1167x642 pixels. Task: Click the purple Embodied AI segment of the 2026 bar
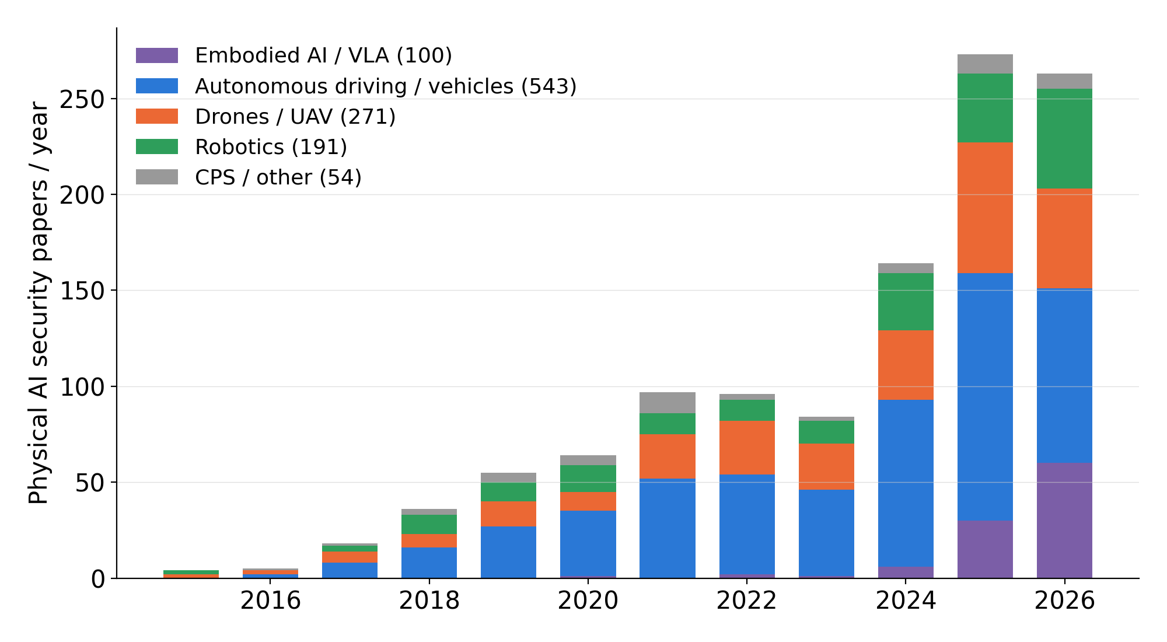click(1064, 521)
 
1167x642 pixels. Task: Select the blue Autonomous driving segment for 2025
click(985, 397)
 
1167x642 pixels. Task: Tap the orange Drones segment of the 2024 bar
click(906, 365)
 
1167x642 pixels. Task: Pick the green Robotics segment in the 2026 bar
click(1064, 139)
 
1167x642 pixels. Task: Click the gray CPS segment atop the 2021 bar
click(668, 403)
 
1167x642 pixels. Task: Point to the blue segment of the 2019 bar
click(508, 552)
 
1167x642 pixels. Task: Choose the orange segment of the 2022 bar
click(747, 448)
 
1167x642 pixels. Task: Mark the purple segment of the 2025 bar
click(985, 549)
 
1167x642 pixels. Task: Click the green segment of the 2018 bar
click(429, 524)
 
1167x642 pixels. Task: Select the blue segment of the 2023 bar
click(826, 533)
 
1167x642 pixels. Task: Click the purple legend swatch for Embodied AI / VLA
click(157, 55)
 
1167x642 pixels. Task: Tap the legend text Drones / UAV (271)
click(295, 117)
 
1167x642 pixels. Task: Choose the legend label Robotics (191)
click(271, 147)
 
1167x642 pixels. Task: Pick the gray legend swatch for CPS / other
click(157, 177)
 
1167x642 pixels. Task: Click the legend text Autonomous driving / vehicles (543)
click(386, 86)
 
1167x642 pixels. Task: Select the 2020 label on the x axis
click(588, 601)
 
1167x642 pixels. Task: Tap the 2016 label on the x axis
click(270, 601)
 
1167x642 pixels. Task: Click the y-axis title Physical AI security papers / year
click(39, 303)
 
